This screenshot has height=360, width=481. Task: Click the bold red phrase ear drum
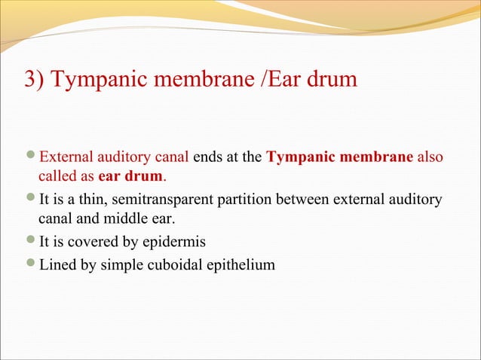pos(131,177)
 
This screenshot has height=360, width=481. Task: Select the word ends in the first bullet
pos(208,159)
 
